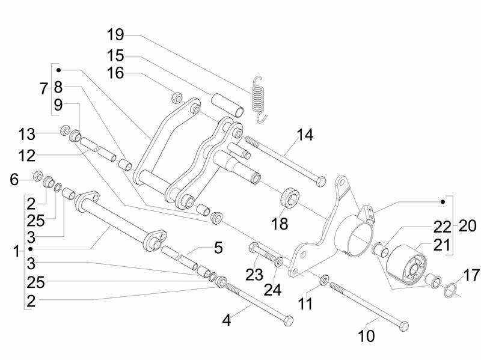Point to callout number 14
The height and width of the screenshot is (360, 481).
(305, 135)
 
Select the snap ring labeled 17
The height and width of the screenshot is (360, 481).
(450, 291)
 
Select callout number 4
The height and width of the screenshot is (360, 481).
(226, 320)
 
